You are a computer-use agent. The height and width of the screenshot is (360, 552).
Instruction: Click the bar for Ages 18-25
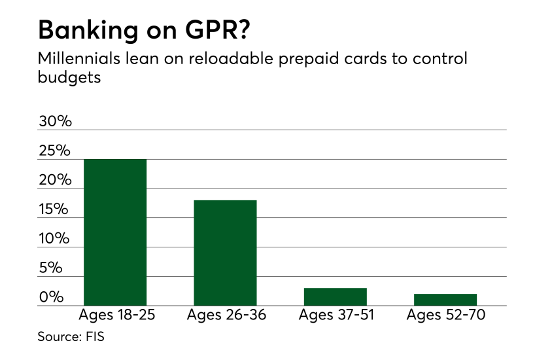115,232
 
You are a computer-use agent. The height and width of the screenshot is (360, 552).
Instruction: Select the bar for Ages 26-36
225,253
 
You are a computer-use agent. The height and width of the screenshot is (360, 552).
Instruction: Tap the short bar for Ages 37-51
335,297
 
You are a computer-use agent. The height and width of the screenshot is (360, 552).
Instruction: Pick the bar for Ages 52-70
445,300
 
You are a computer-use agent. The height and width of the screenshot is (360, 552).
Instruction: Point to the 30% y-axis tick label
54,121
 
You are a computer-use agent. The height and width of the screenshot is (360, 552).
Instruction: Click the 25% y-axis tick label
54,151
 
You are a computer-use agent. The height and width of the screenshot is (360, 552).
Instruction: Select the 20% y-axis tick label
54,180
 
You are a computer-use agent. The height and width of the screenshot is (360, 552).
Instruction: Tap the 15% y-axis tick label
54,209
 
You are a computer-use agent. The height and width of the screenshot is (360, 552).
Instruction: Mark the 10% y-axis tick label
54,238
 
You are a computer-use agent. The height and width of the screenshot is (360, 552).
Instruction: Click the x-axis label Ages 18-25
115,315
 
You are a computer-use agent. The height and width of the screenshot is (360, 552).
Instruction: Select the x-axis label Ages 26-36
225,315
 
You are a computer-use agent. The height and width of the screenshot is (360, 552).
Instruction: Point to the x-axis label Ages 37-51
336,315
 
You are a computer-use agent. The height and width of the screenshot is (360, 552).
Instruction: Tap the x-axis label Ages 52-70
445,315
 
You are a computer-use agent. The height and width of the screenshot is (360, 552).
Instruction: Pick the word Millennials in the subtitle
78,58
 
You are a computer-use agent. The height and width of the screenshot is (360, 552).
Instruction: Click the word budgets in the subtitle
67,77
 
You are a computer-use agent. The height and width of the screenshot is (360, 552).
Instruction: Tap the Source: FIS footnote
71,338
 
